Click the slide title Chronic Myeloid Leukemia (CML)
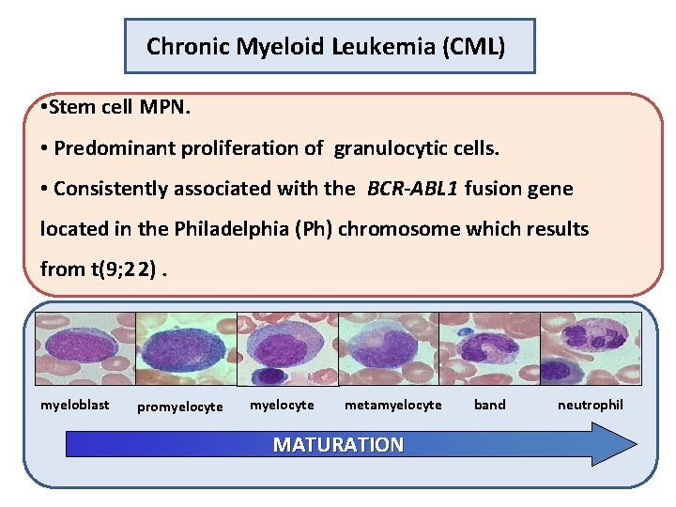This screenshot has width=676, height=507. [326, 46]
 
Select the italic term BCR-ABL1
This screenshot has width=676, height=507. [412, 189]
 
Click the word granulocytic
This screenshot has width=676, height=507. [388, 148]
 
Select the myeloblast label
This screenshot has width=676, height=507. [74, 405]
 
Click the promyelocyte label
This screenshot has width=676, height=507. [180, 407]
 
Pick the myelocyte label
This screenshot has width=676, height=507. [282, 405]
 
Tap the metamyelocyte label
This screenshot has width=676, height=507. [392, 405]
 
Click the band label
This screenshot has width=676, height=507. [489, 405]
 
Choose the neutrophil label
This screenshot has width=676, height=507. [590, 405]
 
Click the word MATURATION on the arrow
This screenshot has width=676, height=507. [338, 445]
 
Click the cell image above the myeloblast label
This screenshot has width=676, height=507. [84, 348]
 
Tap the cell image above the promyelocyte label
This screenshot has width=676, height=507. [186, 348]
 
